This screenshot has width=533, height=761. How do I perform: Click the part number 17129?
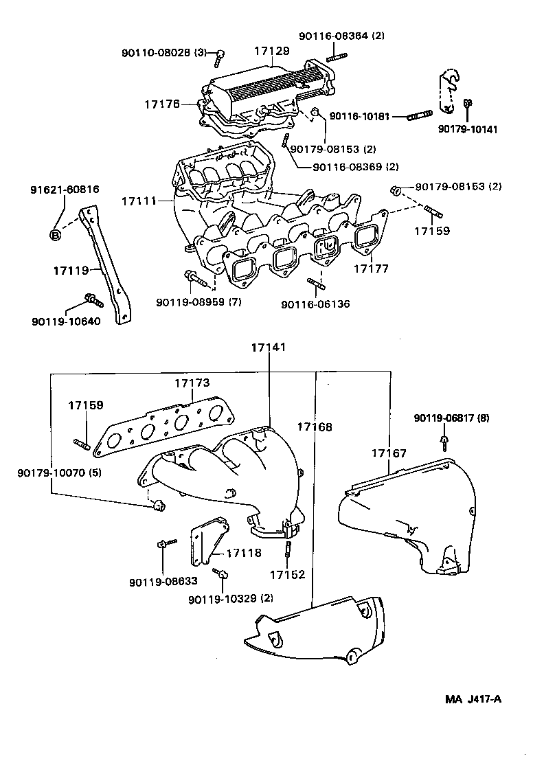click(271, 51)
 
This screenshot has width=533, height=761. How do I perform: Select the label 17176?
click(161, 104)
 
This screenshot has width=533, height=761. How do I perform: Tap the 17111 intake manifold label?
click(139, 201)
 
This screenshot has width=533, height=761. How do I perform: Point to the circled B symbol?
click(55, 235)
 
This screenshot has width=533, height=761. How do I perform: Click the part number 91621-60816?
click(64, 189)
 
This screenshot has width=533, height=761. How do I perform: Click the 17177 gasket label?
click(371, 269)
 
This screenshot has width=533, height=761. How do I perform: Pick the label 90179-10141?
click(468, 129)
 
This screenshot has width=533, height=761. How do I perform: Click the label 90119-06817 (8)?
click(451, 418)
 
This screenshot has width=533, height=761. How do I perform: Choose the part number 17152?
click(286, 573)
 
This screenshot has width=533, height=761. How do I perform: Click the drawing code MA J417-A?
click(473, 699)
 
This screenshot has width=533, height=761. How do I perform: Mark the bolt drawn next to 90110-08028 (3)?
click(220, 57)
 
